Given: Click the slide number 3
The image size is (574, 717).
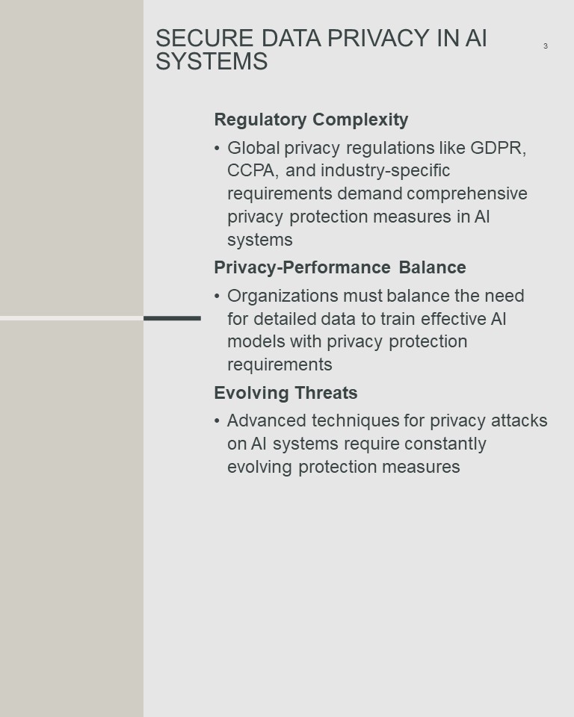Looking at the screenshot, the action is [545, 46].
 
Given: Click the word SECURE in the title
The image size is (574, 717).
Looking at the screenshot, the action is [204, 38].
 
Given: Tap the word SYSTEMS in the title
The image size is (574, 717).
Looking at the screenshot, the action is [212, 61].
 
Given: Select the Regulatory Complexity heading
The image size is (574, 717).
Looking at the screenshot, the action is [311, 119].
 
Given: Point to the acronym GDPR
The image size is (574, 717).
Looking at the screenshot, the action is [498, 148].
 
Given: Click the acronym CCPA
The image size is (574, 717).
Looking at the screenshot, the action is [253, 170].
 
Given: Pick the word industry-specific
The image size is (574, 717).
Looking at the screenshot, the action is [386, 170].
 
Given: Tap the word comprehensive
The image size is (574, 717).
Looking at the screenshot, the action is [467, 193].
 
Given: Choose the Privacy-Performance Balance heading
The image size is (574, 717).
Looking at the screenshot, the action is [340, 267].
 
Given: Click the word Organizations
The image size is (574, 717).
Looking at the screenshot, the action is [283, 296].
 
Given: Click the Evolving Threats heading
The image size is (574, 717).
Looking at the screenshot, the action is [286, 393].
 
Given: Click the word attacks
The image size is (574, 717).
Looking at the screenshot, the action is [519, 420].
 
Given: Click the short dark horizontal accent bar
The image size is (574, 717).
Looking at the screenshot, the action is [172, 318].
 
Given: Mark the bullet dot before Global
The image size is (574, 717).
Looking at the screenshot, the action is [217, 149].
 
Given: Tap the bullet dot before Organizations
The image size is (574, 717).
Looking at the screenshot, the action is [217, 297].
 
